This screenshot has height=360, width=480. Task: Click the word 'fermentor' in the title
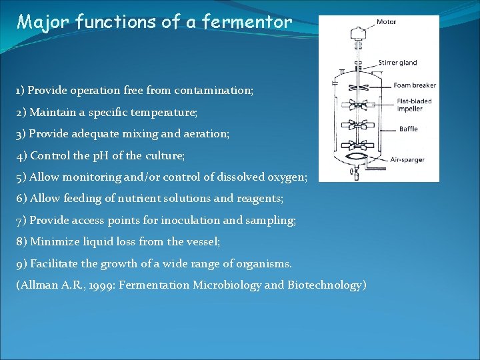point(257,22)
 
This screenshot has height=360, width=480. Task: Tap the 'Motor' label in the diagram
point(386,22)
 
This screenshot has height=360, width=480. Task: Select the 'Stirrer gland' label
point(397,63)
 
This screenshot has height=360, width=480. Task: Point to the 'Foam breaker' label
point(415,85)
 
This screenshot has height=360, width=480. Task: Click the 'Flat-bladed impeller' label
point(414,105)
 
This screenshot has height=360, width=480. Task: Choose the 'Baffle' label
point(408,129)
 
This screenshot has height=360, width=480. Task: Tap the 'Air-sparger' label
point(407,160)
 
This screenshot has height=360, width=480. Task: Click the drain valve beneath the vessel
point(357,174)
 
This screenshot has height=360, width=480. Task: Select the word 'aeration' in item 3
point(207,133)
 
